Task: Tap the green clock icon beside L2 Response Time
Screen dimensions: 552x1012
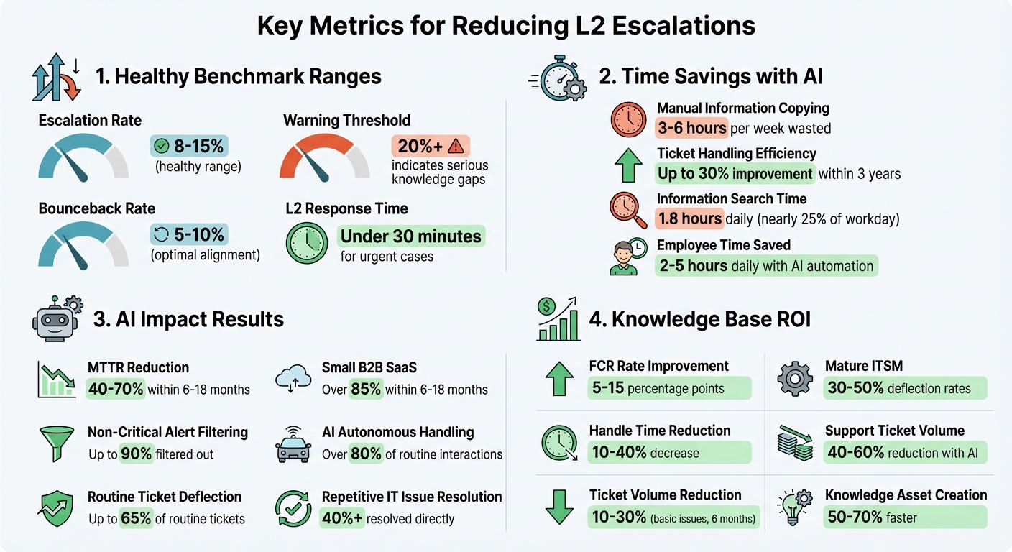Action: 307,243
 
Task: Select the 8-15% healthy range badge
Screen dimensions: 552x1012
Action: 190,146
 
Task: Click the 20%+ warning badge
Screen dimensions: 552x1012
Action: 430,146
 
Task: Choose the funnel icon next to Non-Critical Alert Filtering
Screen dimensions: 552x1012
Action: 56,442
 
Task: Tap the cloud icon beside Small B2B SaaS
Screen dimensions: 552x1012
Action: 293,377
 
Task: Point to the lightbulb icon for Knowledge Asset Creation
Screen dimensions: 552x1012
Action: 796,507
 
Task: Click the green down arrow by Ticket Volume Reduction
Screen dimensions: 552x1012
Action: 559,507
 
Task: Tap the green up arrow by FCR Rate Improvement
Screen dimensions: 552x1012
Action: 559,377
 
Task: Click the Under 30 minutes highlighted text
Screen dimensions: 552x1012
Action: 412,236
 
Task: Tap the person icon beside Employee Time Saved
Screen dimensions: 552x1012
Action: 623,257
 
